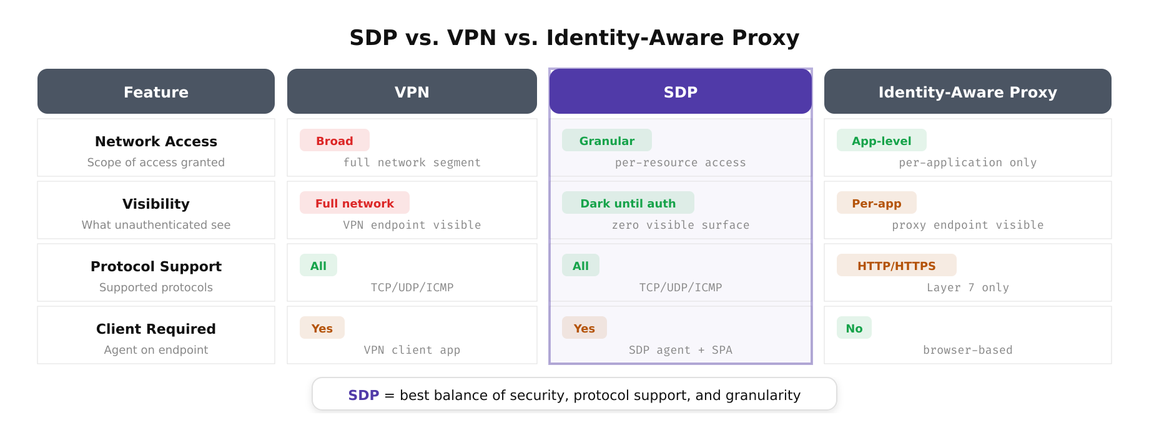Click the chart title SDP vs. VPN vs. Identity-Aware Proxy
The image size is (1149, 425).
pos(574,37)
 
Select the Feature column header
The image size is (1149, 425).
pos(156,92)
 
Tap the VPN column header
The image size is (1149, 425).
pos(412,92)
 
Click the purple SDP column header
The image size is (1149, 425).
pos(681,92)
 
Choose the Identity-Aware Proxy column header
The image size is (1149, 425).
pos(967,92)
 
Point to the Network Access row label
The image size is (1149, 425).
pos(156,141)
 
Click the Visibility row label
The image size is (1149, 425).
pos(156,204)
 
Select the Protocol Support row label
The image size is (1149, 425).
pos(156,266)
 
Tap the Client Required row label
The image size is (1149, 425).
pos(156,329)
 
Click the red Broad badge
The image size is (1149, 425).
pos(335,141)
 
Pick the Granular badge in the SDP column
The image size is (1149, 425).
pos(607,141)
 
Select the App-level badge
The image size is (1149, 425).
pos(881,141)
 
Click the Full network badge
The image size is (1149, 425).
pos(355,203)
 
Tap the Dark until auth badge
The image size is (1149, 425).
pos(628,203)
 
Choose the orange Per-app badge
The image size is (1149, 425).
pos(877,203)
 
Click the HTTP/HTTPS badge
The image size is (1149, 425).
pos(897,266)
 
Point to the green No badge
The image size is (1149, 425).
pos(854,328)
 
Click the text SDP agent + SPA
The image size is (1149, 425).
pos(681,350)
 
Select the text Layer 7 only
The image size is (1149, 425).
pos(967,287)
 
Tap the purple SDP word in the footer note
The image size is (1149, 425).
pos(363,395)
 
